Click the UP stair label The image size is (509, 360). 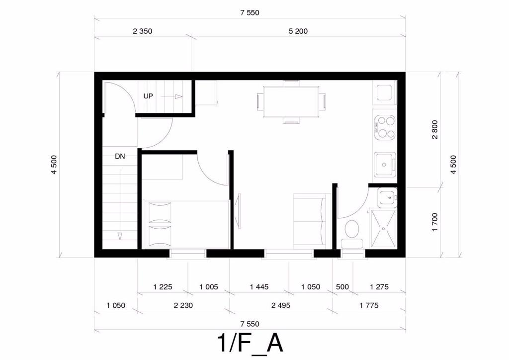tap(148, 96)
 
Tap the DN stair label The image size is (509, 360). tap(120, 157)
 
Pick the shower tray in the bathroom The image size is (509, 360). tap(383, 229)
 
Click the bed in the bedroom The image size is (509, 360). tap(186, 224)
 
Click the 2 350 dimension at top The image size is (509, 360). tap(143, 31)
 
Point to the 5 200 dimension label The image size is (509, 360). tap(298, 31)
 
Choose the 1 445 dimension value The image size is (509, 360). tap(259, 287)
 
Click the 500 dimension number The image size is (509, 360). tap(342, 287)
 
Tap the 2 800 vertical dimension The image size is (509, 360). tap(435, 129)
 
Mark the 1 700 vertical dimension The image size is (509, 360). tap(435, 222)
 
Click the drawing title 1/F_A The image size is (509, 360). tap(251, 344)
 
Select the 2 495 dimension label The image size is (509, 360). tap(281, 305)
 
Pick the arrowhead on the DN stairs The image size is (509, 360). tap(120, 236)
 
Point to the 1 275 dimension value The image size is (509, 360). tap(379, 287)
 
